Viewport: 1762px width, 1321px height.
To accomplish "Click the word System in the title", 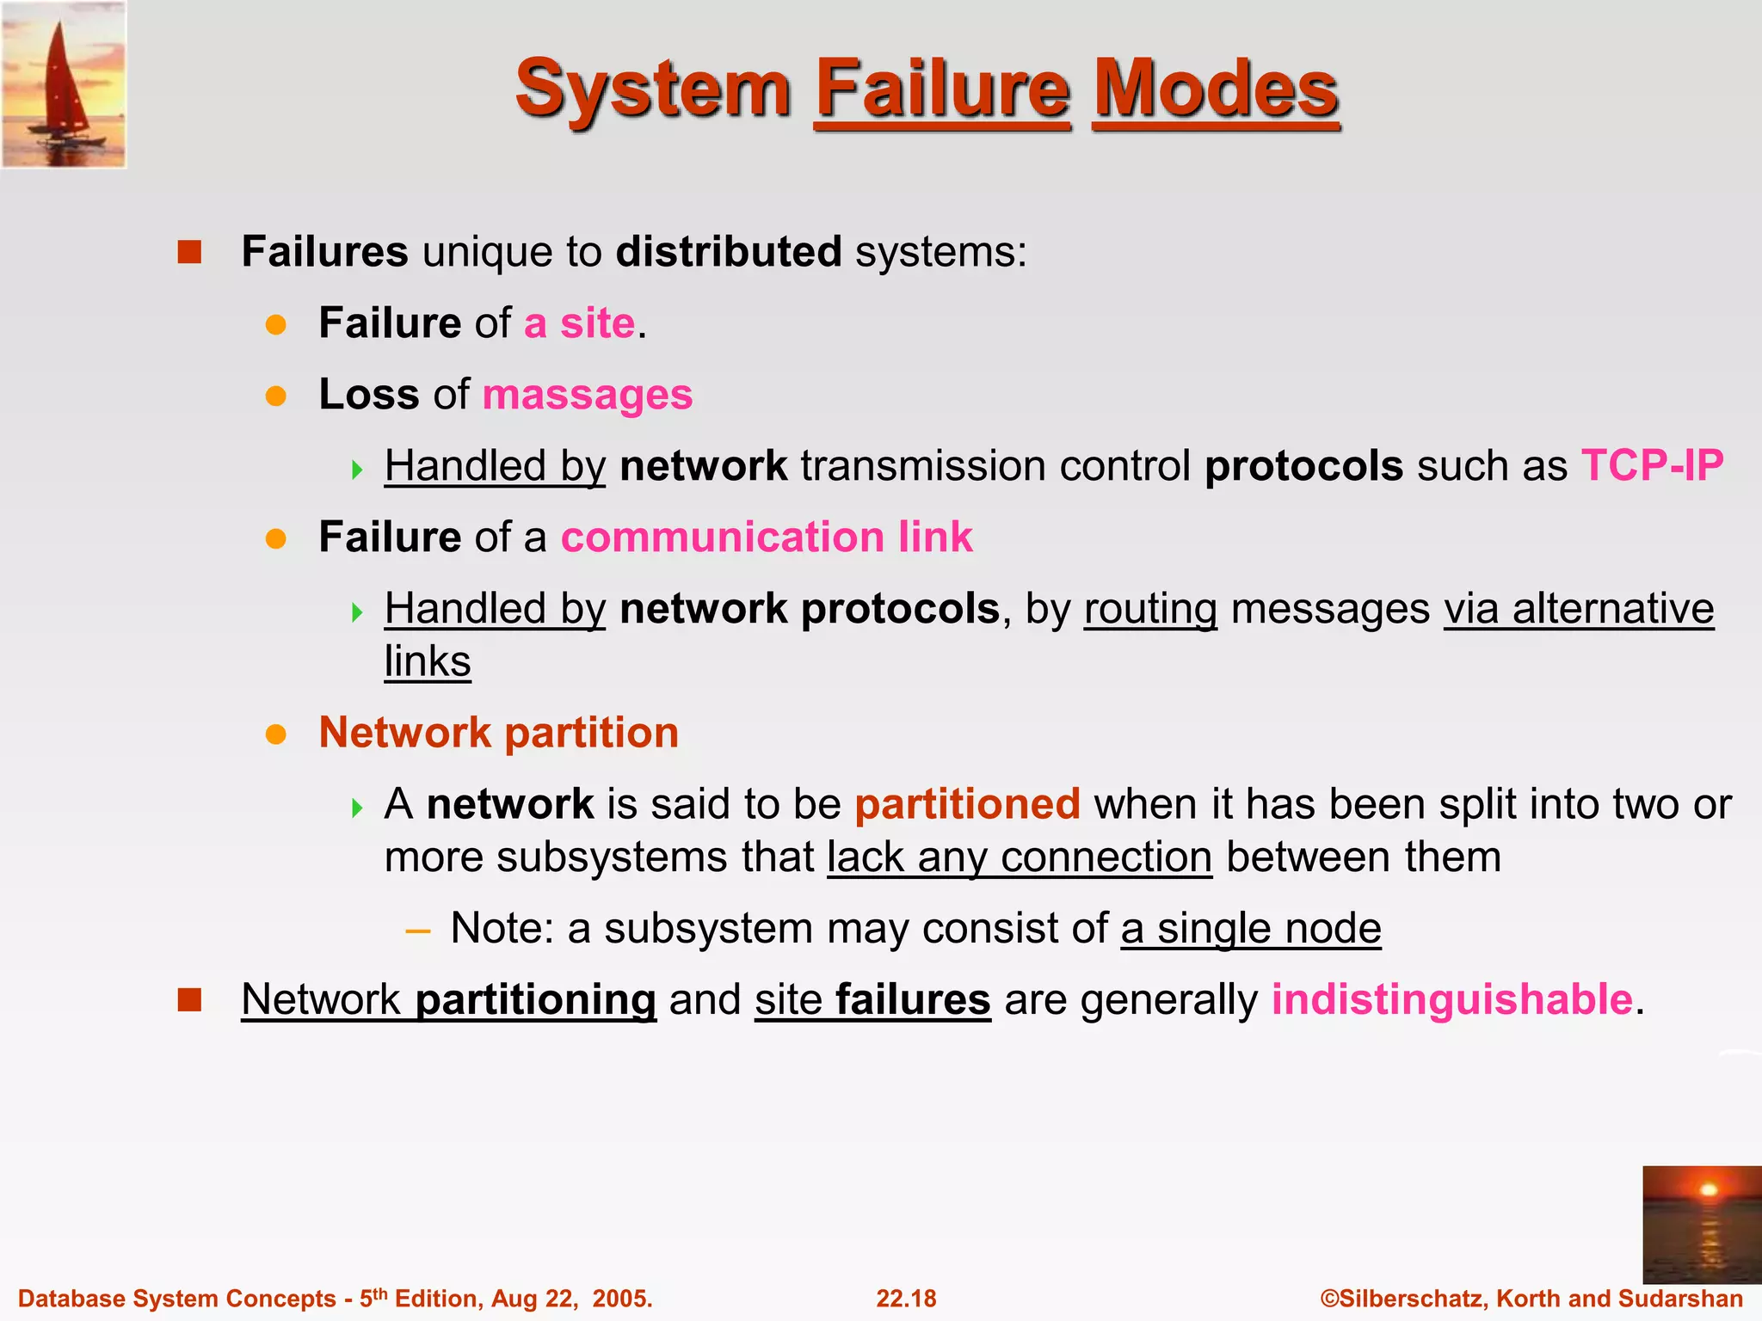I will (x=652, y=89).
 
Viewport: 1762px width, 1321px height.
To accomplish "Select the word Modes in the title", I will (x=1216, y=89).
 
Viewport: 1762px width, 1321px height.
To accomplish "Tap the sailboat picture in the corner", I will (x=64, y=84).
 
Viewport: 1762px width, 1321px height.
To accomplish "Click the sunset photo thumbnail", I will (x=1701, y=1224).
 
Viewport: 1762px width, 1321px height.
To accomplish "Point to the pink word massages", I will (x=588, y=396).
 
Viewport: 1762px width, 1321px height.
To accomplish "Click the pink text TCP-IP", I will (x=1652, y=466).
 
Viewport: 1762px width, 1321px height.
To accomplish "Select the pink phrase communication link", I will (x=767, y=538).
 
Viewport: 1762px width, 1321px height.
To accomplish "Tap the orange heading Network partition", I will (x=499, y=733).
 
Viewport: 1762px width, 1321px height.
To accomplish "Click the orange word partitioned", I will (x=967, y=804).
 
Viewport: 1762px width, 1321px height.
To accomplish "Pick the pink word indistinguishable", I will (x=1452, y=999).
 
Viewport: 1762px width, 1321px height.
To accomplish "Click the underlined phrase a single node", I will (x=1251, y=929).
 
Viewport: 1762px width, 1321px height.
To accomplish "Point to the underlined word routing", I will (x=1150, y=609).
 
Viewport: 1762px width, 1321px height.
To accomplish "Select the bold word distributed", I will (x=729, y=252).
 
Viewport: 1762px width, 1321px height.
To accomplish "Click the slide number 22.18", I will (x=906, y=1299).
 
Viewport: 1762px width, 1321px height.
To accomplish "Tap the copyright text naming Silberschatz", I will (x=1531, y=1299).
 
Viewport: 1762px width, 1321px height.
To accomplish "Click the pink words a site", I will (x=580, y=324).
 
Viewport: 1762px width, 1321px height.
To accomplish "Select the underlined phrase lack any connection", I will (x=1020, y=857).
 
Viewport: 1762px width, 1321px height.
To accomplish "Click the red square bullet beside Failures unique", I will (x=189, y=252).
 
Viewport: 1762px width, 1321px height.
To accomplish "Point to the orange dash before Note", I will (x=417, y=930).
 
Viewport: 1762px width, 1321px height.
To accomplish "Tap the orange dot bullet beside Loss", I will (x=275, y=396).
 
